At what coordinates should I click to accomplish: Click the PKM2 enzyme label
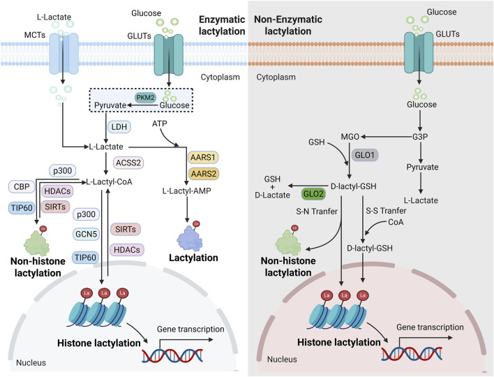(x=146, y=98)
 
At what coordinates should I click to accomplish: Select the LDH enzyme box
(x=119, y=127)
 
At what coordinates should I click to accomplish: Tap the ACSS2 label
(x=128, y=163)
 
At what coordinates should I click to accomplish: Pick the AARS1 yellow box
(x=203, y=157)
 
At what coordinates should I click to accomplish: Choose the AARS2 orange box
(x=203, y=174)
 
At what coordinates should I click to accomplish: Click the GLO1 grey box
(x=365, y=155)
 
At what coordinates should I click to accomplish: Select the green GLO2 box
(x=313, y=194)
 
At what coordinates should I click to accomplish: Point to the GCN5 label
(x=86, y=234)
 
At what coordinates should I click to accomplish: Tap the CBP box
(x=22, y=186)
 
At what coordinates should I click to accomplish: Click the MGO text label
(x=350, y=137)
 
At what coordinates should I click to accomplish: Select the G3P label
(x=420, y=137)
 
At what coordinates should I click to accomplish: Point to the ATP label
(x=159, y=124)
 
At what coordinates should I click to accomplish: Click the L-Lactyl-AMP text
(x=186, y=191)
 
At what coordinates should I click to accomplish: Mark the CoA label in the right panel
(x=396, y=222)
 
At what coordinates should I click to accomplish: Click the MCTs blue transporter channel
(x=63, y=53)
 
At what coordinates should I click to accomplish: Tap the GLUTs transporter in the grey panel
(x=419, y=52)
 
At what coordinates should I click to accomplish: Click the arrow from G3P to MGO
(x=387, y=137)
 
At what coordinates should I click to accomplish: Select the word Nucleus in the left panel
(x=31, y=362)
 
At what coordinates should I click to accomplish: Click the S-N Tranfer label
(x=317, y=212)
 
